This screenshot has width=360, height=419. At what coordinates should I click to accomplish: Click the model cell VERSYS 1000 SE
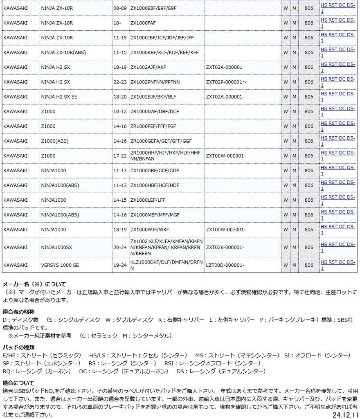pos(60,265)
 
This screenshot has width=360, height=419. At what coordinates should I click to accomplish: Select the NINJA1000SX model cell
pos(56,247)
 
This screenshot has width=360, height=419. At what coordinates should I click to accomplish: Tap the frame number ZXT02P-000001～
pos(226,82)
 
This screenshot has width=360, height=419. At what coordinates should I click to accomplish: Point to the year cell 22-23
pos(120,82)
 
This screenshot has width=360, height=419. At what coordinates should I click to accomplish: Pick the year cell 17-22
pos(120,155)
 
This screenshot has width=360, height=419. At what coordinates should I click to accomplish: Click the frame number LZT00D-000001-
pos(225,265)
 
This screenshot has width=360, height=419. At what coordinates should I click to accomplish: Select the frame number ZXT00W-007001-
pos(226,230)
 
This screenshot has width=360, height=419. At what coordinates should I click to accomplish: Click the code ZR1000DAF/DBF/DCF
pos(154,111)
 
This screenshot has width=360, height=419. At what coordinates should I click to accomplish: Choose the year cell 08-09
pos(120,8)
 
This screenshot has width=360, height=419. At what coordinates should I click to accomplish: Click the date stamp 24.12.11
pos(345,415)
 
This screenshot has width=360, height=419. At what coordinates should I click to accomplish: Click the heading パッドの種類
pos(18,347)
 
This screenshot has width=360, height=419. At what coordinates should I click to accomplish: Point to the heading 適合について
pos(18,383)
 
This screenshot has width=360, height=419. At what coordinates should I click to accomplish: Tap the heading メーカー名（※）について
pos(34,284)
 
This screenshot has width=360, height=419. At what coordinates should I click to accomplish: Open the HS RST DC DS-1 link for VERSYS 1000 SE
pos(337,265)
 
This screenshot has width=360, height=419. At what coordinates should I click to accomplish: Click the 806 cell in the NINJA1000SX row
pos(309,247)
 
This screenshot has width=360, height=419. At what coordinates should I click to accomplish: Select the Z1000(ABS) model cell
pos(55,141)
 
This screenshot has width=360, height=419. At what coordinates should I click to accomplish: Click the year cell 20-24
pos(120,247)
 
